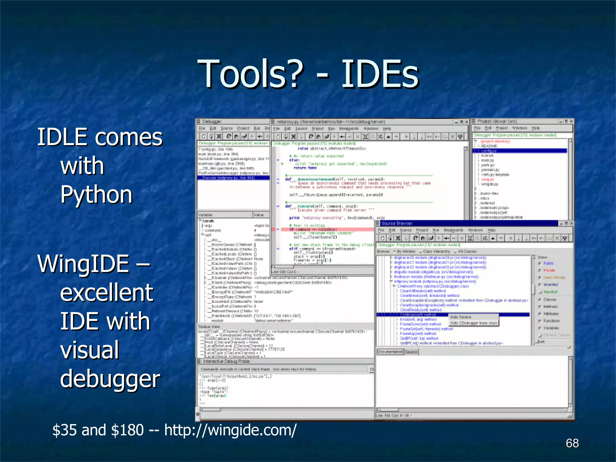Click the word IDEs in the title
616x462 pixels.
click(380, 74)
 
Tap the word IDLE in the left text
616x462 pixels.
click(62, 137)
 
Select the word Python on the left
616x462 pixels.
click(96, 195)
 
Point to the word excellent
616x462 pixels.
click(107, 293)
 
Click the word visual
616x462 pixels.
click(90, 350)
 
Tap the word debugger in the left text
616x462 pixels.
click(110, 379)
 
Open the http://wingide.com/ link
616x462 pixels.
click(230, 430)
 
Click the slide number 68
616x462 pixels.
click(572, 443)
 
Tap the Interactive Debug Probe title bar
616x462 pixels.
click(226, 361)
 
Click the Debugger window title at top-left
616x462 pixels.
click(212, 122)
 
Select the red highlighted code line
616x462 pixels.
click(325, 229)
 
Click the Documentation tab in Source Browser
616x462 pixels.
click(390, 352)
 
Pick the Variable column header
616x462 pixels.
click(205, 215)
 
